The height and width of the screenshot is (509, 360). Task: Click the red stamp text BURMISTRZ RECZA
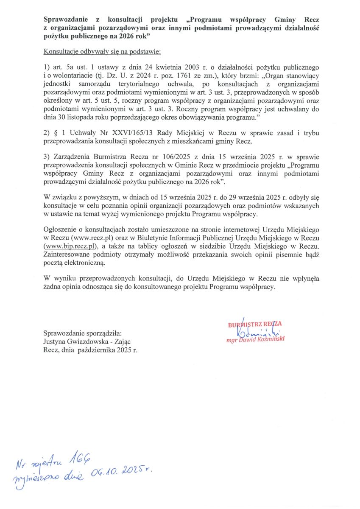point(255,324)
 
